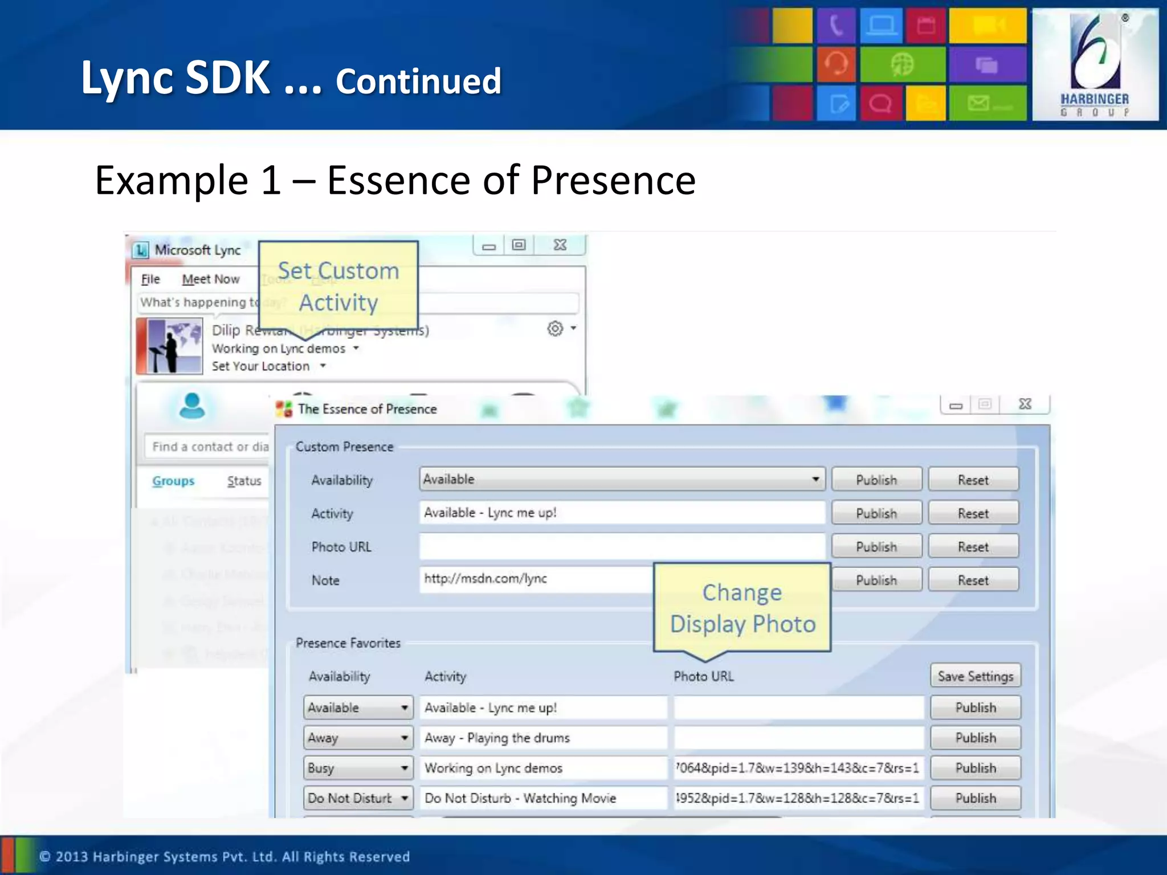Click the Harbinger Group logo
(x=1095, y=64)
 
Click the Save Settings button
(x=975, y=676)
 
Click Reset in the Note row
(x=973, y=580)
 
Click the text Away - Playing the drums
(x=497, y=738)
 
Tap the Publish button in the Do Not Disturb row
(x=975, y=798)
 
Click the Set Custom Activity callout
(x=338, y=286)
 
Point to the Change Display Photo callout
(x=742, y=608)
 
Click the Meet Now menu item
(x=210, y=279)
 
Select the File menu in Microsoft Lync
(x=150, y=279)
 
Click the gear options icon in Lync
(x=555, y=329)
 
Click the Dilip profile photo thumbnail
(x=170, y=346)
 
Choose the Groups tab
(x=173, y=481)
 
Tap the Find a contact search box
(x=209, y=447)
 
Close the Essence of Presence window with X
(x=1025, y=404)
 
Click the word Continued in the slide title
(x=418, y=81)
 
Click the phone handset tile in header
(x=835, y=26)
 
